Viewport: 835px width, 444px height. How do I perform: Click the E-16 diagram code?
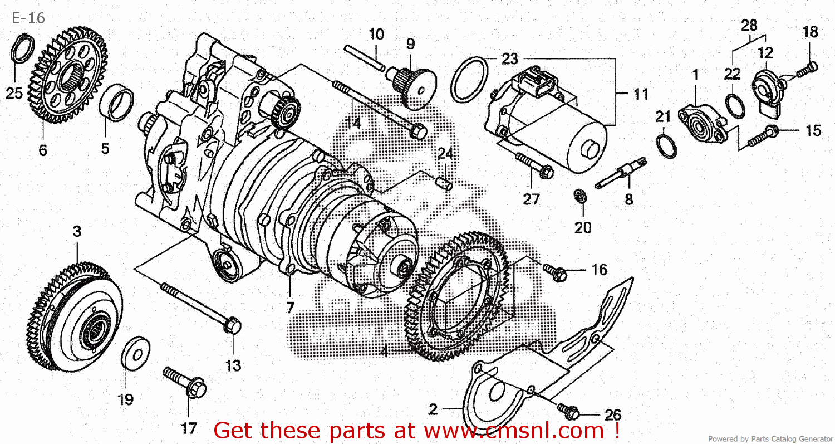click(x=28, y=18)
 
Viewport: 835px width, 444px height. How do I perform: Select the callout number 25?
click(x=14, y=93)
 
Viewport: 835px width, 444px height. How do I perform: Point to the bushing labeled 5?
click(x=116, y=102)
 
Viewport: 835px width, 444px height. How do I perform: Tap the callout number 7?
click(x=290, y=306)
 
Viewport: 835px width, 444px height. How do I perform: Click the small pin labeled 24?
click(x=443, y=182)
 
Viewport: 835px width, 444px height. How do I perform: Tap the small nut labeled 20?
click(x=579, y=196)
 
